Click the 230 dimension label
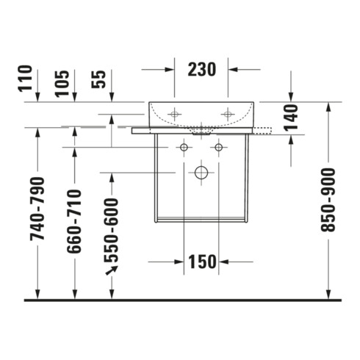tap(202, 70)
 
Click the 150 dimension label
tap(202, 262)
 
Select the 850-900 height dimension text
tap(328, 200)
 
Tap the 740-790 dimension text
tap(37, 209)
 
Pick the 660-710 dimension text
tap(74, 221)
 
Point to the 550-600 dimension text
tap(111, 230)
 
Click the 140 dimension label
tap(291, 118)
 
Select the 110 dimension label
tap(25, 79)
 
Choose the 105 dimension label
tap(62, 84)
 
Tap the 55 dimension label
tap(98, 79)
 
